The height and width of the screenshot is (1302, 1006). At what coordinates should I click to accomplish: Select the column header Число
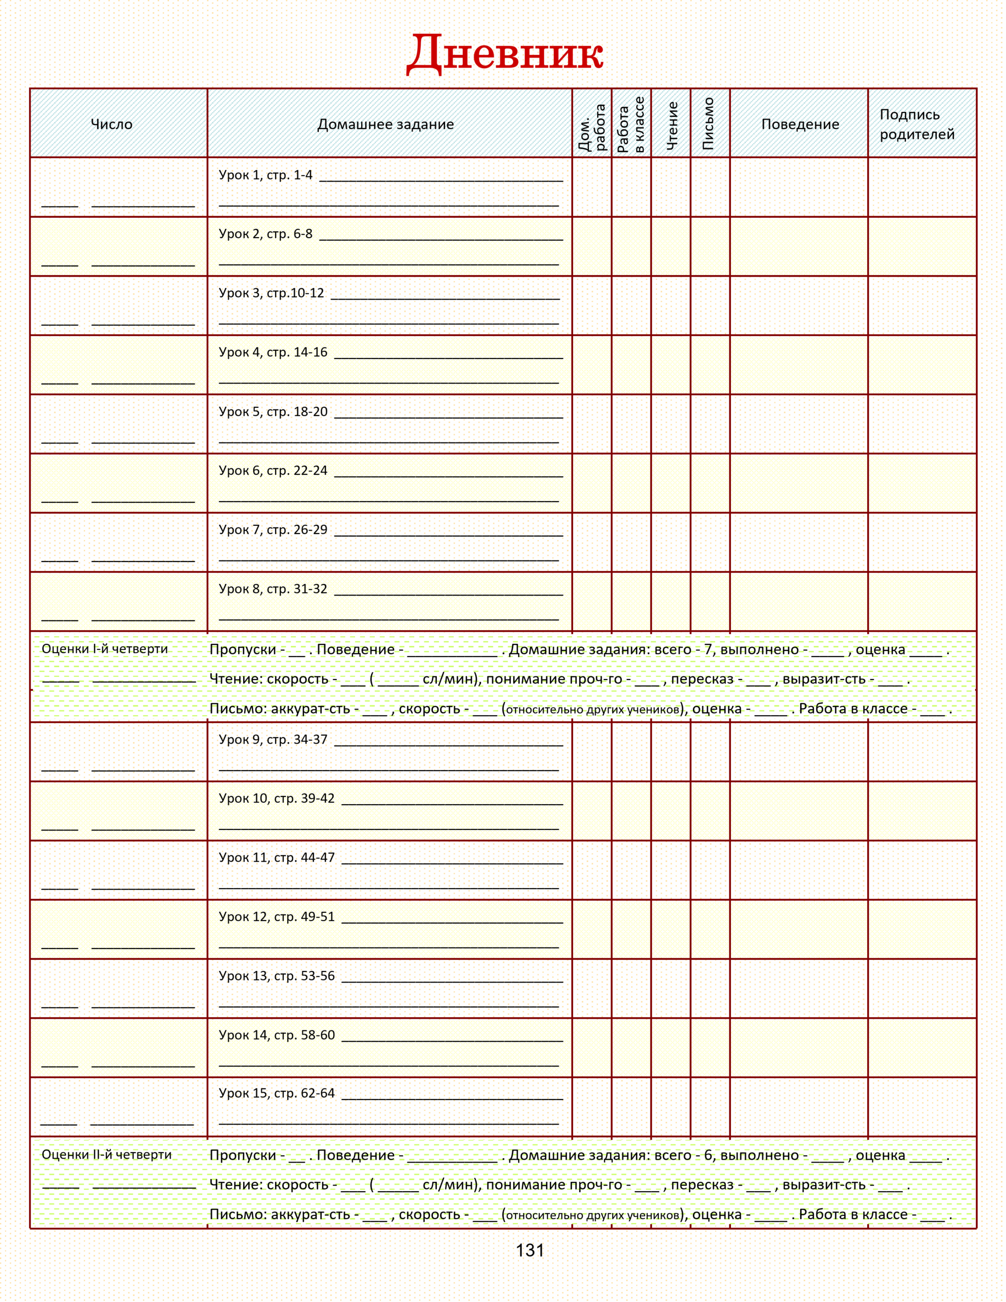(x=111, y=124)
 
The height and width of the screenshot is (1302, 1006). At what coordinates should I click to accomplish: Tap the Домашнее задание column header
(x=385, y=124)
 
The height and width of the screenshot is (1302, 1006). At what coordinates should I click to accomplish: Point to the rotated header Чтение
(x=671, y=125)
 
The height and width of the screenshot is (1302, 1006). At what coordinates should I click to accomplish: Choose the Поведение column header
(x=800, y=124)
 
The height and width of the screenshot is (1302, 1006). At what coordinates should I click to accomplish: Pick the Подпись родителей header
(x=916, y=124)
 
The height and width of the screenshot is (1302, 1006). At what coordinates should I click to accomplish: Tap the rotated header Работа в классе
(x=631, y=125)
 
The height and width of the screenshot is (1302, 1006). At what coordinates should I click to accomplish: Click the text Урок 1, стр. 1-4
(x=265, y=174)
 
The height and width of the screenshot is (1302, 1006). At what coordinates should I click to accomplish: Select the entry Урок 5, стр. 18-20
(x=273, y=411)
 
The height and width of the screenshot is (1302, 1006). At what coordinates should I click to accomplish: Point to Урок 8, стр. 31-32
(x=273, y=588)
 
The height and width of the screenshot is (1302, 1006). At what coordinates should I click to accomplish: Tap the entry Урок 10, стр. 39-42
(x=277, y=798)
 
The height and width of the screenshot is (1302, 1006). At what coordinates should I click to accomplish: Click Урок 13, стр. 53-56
(x=277, y=976)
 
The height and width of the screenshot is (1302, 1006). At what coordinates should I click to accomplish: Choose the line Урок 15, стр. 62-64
(x=277, y=1093)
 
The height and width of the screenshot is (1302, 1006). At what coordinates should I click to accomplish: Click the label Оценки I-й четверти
(x=105, y=648)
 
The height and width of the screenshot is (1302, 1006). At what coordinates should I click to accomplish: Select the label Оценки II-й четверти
(x=107, y=1155)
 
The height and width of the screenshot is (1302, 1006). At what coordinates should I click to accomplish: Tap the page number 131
(x=529, y=1251)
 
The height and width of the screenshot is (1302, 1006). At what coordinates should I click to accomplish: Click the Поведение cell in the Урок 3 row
(x=798, y=305)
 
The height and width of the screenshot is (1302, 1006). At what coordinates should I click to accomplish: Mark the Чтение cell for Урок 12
(x=671, y=929)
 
